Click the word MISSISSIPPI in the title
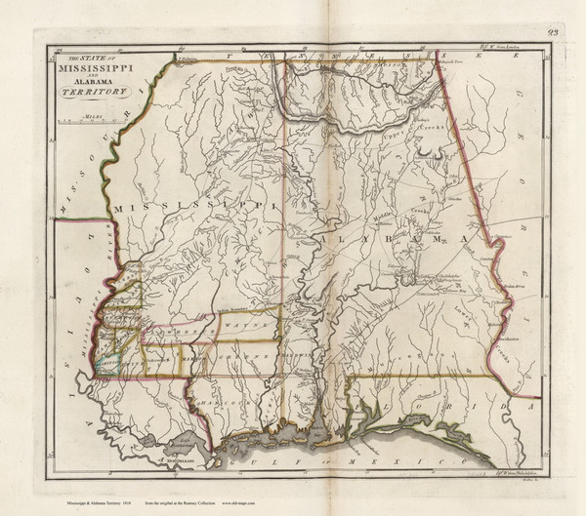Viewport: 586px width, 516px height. [x=100, y=69]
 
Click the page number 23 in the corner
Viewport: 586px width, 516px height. [x=554, y=32]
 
